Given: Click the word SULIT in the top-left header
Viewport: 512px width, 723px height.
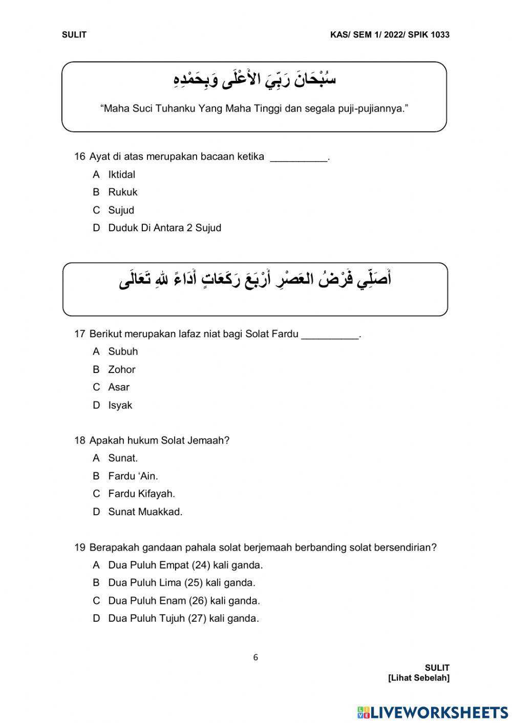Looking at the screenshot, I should coord(74,35).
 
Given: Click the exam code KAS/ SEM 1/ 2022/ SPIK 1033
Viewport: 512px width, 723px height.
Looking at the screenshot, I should coord(390,35).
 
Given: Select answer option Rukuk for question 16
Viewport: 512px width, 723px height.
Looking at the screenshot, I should coord(122,192).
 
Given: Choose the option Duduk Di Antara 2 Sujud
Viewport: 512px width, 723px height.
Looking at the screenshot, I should coord(164,228).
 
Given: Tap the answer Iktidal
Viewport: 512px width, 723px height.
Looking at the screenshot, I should coord(121,174).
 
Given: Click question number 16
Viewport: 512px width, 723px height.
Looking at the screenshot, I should coord(79,157).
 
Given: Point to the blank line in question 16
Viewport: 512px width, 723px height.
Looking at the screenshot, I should coord(298,158).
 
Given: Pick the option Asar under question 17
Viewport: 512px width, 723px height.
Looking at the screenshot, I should coord(118,387).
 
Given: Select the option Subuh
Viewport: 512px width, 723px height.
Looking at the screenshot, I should coord(123,352).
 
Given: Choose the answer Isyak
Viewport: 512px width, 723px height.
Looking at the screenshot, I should coord(120,405).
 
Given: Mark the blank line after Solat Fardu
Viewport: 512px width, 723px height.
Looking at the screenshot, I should coord(330,335).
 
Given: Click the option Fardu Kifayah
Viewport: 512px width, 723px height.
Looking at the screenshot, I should coord(141,494).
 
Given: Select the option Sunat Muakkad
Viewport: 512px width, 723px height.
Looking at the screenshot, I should coord(145,512).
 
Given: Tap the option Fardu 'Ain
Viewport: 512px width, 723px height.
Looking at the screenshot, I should coord(133,476).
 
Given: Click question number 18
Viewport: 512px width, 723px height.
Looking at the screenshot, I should coord(79,441).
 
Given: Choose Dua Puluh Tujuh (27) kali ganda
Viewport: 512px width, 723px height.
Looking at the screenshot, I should coord(183,619).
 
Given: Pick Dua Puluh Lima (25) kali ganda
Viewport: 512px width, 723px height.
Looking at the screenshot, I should coord(181,583).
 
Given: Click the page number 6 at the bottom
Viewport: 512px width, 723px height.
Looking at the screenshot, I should coord(255,658).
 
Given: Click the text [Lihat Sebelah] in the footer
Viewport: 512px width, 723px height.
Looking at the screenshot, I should coord(419,678).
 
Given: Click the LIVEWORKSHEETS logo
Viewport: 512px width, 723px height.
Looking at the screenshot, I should coord(432,712).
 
